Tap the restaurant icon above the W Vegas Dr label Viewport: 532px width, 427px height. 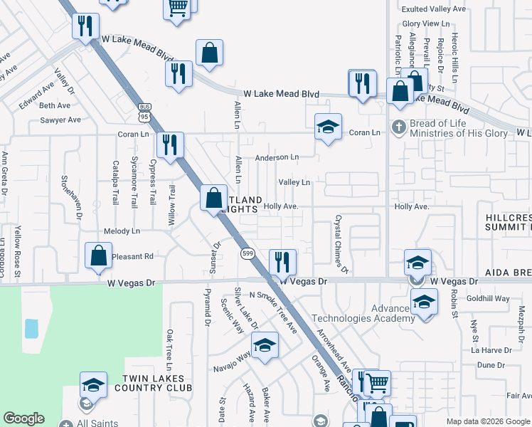[x=282, y=262]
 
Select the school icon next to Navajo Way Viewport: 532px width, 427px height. [x=265, y=345]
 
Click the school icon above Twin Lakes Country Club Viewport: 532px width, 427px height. [x=92, y=385]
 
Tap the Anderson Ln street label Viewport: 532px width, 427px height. [x=277, y=157]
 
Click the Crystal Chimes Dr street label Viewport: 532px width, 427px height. [x=341, y=244]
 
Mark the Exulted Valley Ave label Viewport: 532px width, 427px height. [x=433, y=9]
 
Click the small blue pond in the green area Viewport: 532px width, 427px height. [x=31, y=328]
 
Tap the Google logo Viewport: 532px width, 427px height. [x=23, y=418]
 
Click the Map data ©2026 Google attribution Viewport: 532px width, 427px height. [x=486, y=421]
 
